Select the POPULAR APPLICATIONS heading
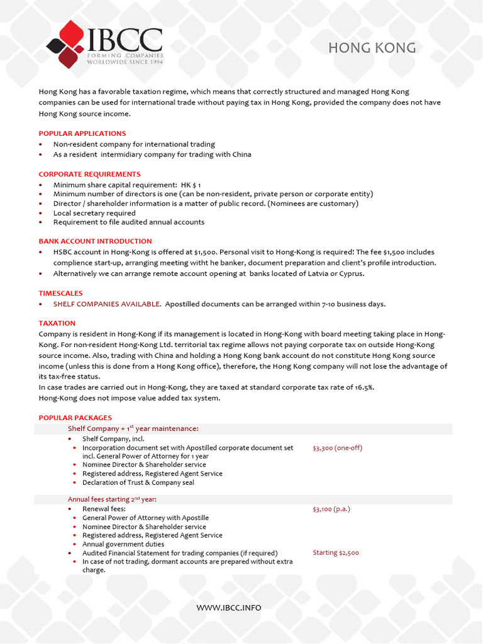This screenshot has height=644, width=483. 82,133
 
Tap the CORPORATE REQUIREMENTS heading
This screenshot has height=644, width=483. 89,174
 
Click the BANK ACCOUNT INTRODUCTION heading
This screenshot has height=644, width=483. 95,241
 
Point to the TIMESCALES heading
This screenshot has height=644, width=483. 60,293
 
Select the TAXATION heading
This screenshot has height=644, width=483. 57,323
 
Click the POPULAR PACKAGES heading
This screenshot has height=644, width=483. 75,418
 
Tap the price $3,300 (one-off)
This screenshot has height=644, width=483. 337,448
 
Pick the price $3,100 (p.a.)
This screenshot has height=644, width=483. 331,508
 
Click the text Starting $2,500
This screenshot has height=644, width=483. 336,553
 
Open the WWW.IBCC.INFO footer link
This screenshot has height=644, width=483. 229,608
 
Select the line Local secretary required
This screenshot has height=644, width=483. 94,213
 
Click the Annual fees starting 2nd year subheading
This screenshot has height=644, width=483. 112,499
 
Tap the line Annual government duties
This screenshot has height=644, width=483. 123,544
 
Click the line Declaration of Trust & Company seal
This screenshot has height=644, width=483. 138,482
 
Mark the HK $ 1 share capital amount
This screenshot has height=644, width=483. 191,185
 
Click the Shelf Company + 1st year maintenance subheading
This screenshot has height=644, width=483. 133,428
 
